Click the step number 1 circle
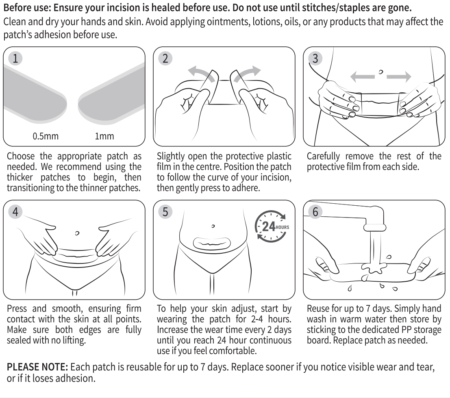tap(15, 58)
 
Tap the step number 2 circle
tap(165, 58)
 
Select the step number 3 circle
tap(315, 58)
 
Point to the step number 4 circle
tap(15, 212)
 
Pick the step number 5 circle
tap(165, 212)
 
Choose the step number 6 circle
tap(315, 212)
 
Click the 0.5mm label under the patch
tap(46, 136)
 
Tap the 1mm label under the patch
tap(104, 136)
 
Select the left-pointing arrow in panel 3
tap(363, 76)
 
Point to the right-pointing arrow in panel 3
tap(399, 76)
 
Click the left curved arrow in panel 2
tap(200, 72)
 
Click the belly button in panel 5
tap(213, 226)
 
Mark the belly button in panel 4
tap(77, 233)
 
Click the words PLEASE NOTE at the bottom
tap(37, 367)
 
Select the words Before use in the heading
tap(27, 8)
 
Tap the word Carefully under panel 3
tap(323, 157)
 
